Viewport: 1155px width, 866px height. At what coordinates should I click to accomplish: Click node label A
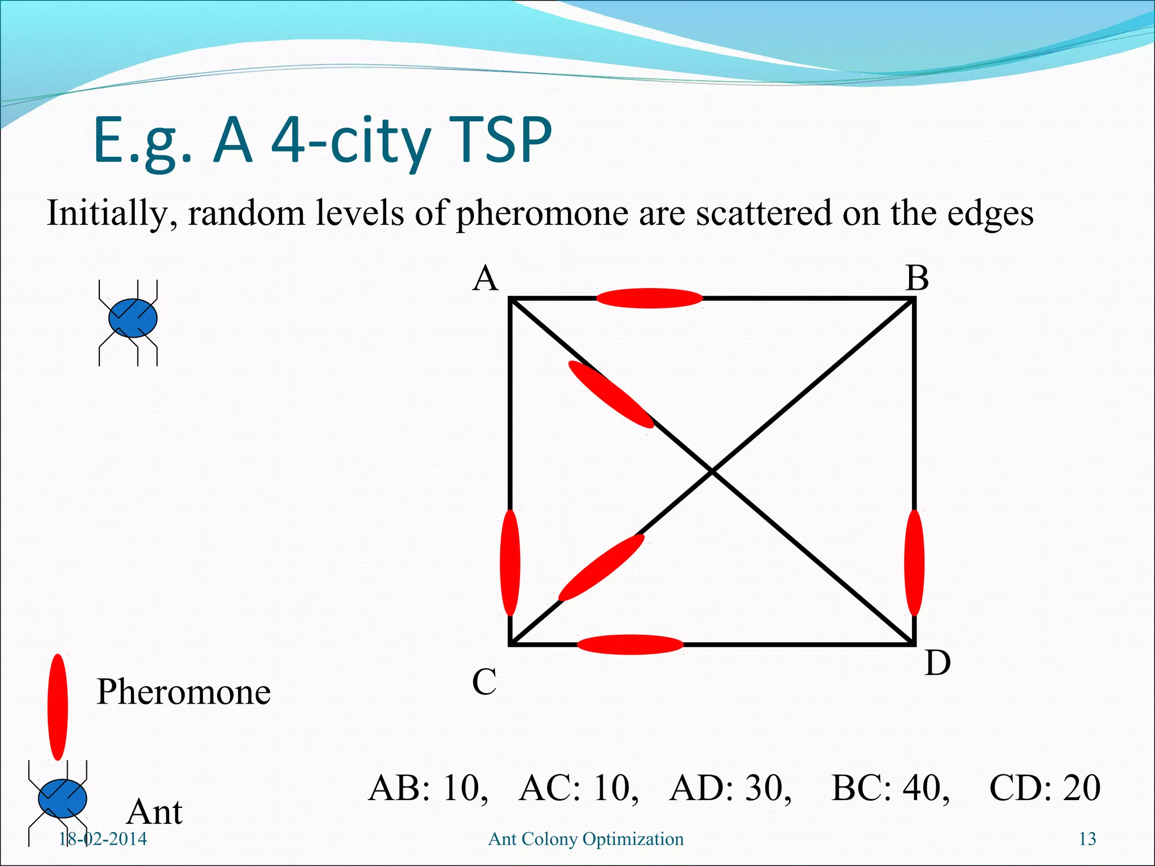click(486, 279)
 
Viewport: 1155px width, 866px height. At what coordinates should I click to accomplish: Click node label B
click(917, 279)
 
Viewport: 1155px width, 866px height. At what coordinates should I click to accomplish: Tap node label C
click(484, 682)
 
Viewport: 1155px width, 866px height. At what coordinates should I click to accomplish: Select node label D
click(937, 663)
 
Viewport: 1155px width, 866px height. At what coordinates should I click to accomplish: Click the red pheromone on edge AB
click(650, 298)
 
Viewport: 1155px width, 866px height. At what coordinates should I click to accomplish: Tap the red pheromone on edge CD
click(631, 644)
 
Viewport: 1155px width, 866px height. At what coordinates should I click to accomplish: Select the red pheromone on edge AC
click(510, 563)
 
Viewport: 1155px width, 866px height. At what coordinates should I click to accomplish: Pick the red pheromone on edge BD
click(914, 563)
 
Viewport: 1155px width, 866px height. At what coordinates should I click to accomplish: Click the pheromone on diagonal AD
click(611, 394)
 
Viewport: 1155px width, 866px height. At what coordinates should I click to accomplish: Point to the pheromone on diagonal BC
click(601, 568)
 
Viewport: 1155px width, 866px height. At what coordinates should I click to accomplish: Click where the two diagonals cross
click(712, 471)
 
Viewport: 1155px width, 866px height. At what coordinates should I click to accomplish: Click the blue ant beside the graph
click(133, 319)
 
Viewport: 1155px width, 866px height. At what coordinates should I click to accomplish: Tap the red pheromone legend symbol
click(58, 707)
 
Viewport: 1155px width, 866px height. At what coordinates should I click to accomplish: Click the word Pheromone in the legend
click(183, 692)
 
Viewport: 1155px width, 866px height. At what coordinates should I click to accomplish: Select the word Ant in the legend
click(155, 812)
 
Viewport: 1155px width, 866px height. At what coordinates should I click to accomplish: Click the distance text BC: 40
click(890, 788)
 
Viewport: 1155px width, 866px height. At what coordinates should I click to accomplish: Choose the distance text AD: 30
click(730, 788)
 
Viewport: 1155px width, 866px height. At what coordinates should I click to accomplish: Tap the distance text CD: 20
click(1044, 788)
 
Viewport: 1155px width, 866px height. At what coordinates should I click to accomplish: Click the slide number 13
click(1087, 839)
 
